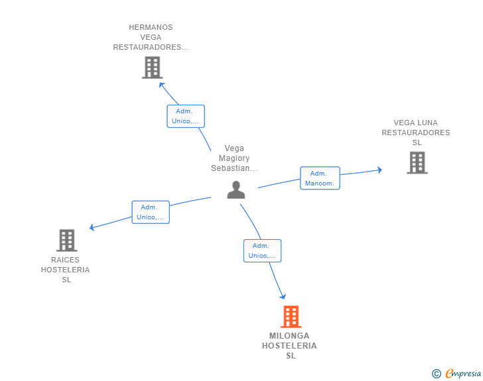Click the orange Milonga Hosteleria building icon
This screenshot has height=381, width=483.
point(291,317)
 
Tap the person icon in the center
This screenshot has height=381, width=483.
point(236,190)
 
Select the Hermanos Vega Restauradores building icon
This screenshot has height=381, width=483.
point(152,67)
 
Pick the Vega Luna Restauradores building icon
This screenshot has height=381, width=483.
point(417,162)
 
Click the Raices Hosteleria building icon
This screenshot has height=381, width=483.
point(66,240)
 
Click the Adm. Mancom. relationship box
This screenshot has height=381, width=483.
point(320,178)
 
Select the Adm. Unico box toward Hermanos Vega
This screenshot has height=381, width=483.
point(185,116)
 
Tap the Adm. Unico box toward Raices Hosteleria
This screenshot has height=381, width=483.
point(151,212)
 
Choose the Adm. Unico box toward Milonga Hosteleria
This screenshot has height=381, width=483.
point(262,250)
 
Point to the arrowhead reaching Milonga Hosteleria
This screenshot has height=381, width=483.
point(283,296)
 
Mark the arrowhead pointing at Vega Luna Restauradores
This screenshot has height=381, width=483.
point(379,170)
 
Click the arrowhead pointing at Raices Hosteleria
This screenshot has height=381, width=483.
point(92,228)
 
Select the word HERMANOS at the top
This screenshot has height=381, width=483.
point(151,28)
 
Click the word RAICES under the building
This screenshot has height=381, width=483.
point(65,260)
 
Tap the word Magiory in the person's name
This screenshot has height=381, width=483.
point(234,158)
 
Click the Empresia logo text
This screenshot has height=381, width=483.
point(463,374)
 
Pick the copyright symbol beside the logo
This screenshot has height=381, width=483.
point(436,374)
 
